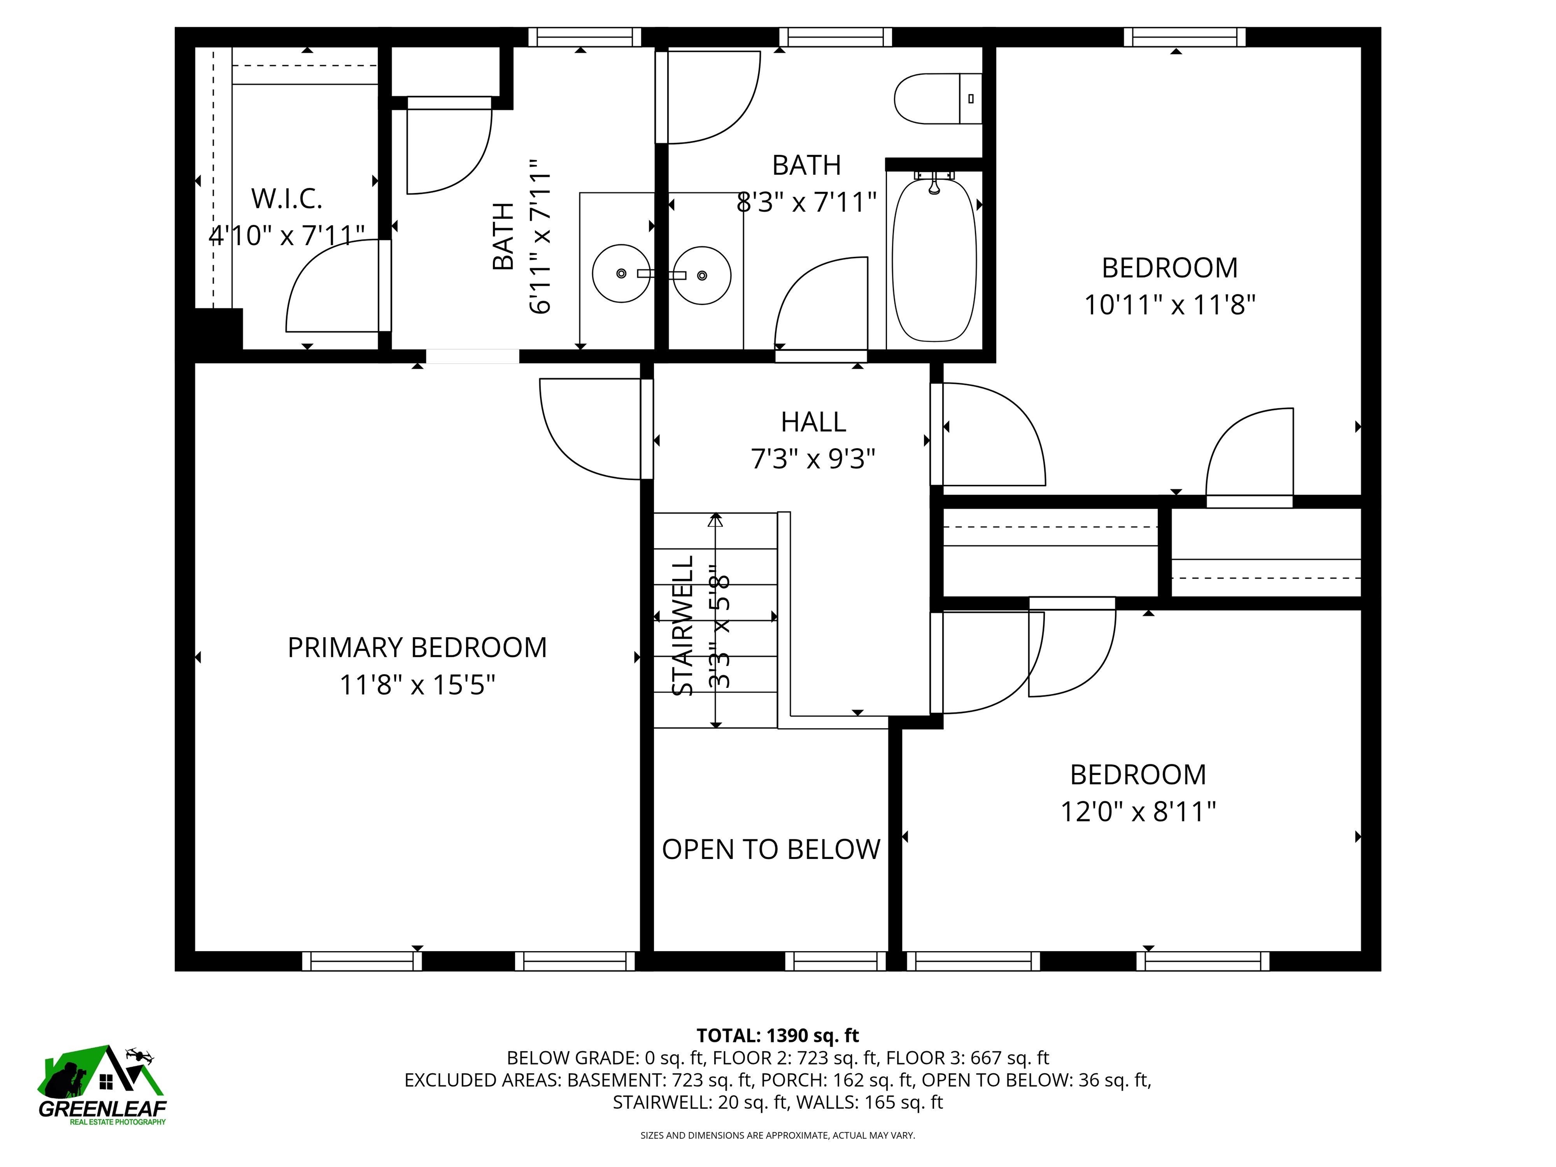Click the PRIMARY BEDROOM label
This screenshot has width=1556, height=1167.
417,647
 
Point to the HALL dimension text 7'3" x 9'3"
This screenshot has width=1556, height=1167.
813,459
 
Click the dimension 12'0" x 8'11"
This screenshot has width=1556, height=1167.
1138,812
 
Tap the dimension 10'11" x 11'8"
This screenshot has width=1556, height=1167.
1169,305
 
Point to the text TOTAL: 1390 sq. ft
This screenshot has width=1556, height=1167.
777,1035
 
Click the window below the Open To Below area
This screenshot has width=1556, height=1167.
835,961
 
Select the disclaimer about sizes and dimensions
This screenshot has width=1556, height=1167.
777,1135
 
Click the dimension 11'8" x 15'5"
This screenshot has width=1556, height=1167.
417,684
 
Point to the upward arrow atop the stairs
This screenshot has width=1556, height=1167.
715,521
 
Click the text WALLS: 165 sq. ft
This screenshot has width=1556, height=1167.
869,1102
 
